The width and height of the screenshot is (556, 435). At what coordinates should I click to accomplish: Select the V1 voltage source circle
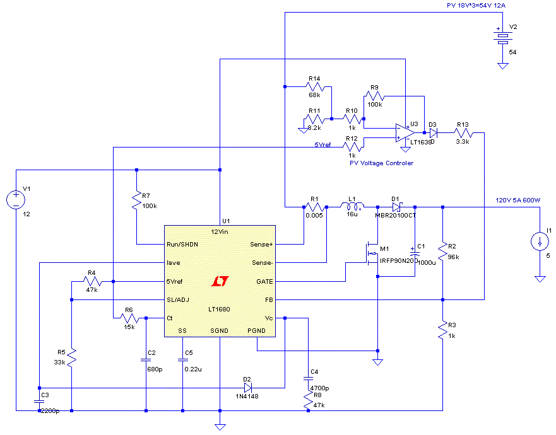point(16,200)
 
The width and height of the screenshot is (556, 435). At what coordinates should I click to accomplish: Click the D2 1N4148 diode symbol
point(248,386)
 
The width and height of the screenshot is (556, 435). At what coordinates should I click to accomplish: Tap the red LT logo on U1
point(220,280)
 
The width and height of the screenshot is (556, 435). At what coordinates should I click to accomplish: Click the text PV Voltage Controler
point(381,163)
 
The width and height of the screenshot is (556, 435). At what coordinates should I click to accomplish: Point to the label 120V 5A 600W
point(518,200)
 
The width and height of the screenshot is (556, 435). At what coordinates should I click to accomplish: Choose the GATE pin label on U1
point(264,281)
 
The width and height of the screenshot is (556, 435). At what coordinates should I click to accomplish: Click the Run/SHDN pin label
point(180,244)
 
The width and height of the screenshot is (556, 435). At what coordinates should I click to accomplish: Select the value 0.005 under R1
point(314,215)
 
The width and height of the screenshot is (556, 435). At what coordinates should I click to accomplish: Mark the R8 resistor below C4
point(308,399)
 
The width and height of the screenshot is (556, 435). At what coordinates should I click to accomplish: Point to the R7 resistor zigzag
point(136,202)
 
